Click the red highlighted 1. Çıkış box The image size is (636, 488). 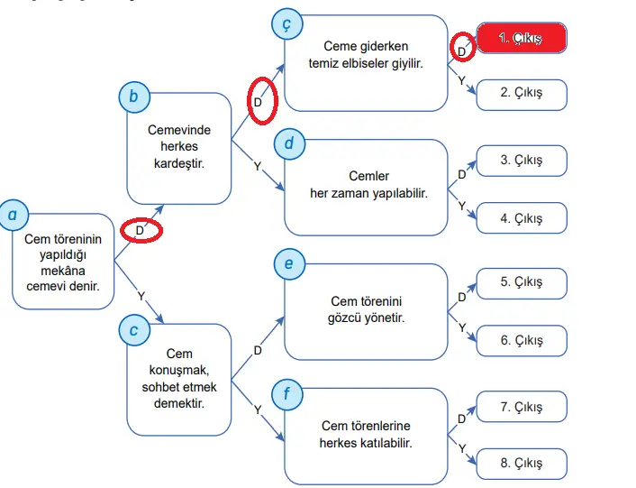pyautogui.click(x=521, y=38)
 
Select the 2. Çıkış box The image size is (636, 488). pyautogui.click(x=522, y=94)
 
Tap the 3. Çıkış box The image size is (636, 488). pyautogui.click(x=522, y=161)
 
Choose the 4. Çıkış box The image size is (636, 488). pyautogui.click(x=522, y=218)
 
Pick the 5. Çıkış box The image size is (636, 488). pyautogui.click(x=522, y=282)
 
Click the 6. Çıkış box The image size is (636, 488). pyautogui.click(x=522, y=340)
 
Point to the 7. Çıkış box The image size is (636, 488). pyautogui.click(x=522, y=407)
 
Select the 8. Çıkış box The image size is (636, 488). pyautogui.click(x=522, y=464)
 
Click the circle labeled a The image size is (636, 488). pyautogui.click(x=13, y=216)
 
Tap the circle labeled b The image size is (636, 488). pyautogui.click(x=133, y=97)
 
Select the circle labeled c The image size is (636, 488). pyautogui.click(x=133, y=330)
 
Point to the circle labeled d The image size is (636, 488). pyautogui.click(x=288, y=143)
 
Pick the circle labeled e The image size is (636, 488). pyautogui.click(x=288, y=264)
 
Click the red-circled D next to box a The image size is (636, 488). pyautogui.click(x=141, y=230)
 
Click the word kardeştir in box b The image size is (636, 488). pyautogui.click(x=179, y=162)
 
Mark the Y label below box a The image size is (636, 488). pyautogui.click(x=141, y=296)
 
